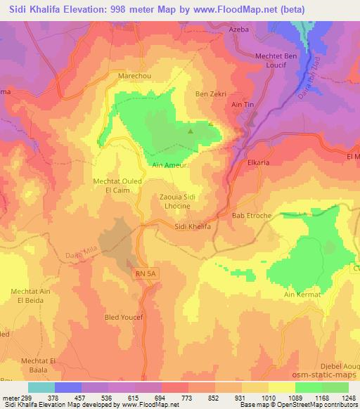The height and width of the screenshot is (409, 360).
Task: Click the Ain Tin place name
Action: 243,105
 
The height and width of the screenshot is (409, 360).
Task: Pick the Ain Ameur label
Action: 167,166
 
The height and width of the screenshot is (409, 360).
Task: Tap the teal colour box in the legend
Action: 41,387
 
